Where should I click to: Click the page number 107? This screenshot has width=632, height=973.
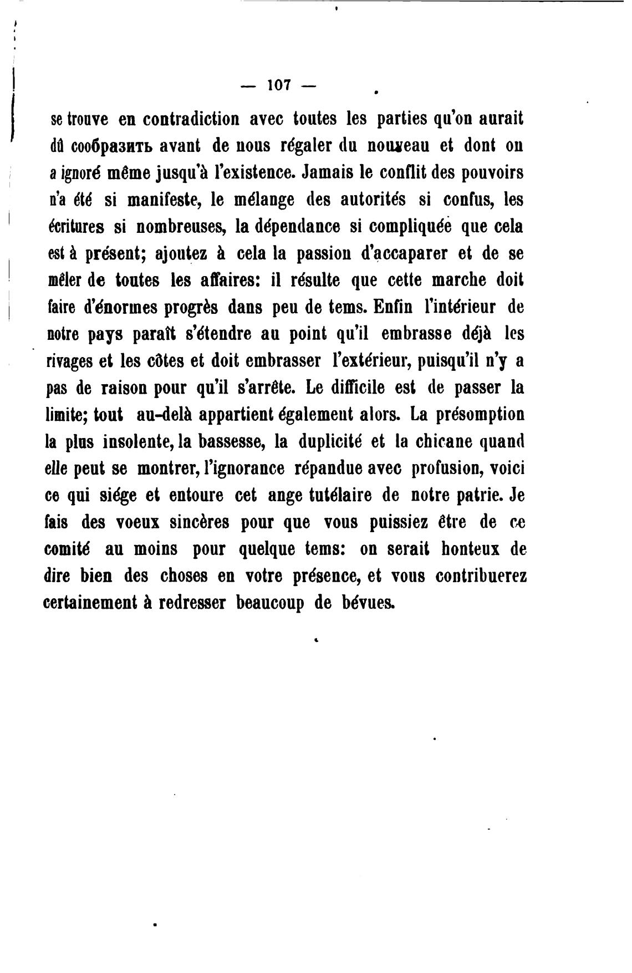point(279,85)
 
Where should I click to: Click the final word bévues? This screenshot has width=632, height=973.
point(365,603)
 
